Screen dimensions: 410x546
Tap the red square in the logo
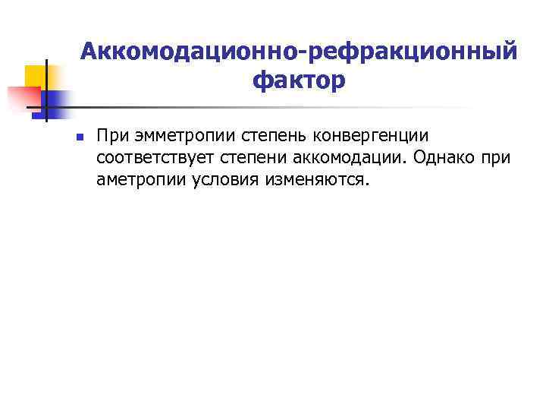pos(23,97)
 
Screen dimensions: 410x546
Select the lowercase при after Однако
pos(497,159)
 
